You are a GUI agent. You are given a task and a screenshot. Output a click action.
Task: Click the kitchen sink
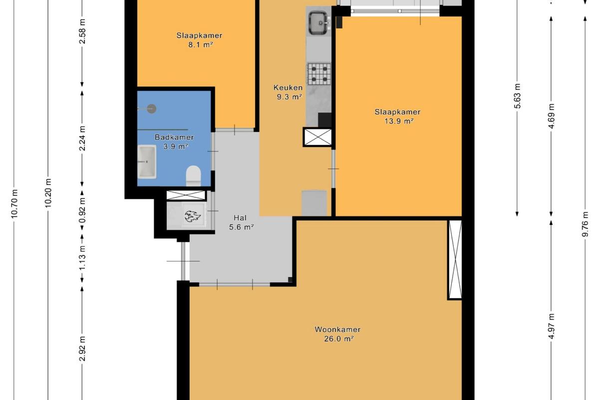click(319, 23)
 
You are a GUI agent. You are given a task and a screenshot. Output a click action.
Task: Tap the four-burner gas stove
click(319, 74)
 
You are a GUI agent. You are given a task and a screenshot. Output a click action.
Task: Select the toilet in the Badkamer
click(193, 176)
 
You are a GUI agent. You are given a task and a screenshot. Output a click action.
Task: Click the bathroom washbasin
click(147, 162)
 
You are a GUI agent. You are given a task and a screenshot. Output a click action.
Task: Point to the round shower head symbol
click(152, 108)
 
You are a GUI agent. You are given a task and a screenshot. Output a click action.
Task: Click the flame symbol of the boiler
click(193, 216)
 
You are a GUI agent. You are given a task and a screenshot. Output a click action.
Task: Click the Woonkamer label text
click(337, 329)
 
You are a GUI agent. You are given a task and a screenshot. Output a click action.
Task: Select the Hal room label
click(240, 218)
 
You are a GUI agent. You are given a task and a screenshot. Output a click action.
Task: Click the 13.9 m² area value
click(399, 121)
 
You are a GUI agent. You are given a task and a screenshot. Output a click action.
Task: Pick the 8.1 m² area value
click(201, 44)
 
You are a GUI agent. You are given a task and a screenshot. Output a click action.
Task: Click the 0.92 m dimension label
click(82, 210)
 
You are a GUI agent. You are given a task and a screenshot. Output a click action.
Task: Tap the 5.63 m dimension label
click(518, 96)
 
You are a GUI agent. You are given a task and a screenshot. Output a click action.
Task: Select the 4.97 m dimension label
click(552, 326)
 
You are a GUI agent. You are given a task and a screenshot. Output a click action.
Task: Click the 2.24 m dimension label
click(82, 138)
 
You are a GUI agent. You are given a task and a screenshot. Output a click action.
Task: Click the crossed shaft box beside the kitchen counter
click(318, 137)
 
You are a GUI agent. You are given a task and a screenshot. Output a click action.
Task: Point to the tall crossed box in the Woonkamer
click(455, 259)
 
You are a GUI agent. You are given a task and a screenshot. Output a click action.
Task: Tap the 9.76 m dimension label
click(586, 224)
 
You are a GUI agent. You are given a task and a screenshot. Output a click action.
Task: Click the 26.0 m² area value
click(339, 339)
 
